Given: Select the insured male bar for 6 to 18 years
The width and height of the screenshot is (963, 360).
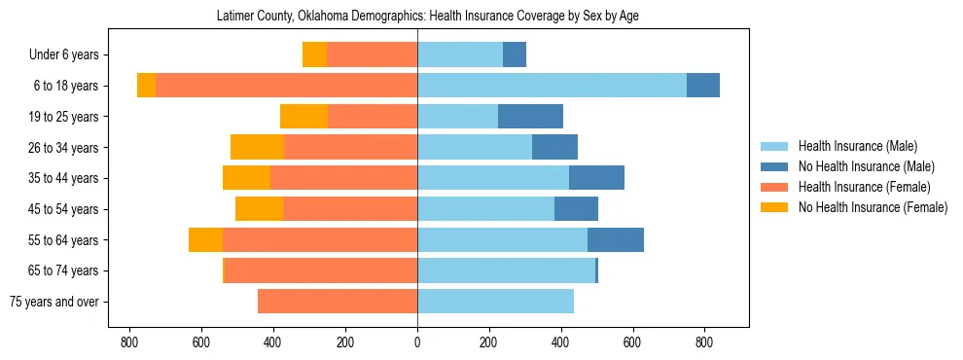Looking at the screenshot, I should (552, 86).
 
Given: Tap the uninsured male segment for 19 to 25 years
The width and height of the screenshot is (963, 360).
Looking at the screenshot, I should (530, 117).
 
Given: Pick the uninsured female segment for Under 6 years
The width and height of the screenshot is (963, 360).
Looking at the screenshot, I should (314, 54).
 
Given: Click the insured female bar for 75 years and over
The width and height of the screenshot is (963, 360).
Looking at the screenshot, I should (338, 302).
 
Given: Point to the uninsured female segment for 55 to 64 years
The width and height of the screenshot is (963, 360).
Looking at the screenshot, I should (205, 240).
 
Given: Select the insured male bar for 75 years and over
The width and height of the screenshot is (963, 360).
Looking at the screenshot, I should (495, 302).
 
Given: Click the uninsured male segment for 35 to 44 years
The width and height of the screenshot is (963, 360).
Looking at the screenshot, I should (596, 178).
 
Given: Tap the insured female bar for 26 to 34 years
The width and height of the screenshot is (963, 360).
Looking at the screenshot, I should (350, 147).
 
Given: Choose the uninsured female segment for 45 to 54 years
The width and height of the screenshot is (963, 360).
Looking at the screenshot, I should (259, 209).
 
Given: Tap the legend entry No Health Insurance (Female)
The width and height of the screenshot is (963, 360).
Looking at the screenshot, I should (873, 207).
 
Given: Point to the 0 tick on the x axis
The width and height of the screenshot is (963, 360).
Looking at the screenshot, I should (417, 342).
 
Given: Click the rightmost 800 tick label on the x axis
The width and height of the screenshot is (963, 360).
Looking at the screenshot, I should (704, 342).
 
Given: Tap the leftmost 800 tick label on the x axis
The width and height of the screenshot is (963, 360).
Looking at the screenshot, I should (128, 342).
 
